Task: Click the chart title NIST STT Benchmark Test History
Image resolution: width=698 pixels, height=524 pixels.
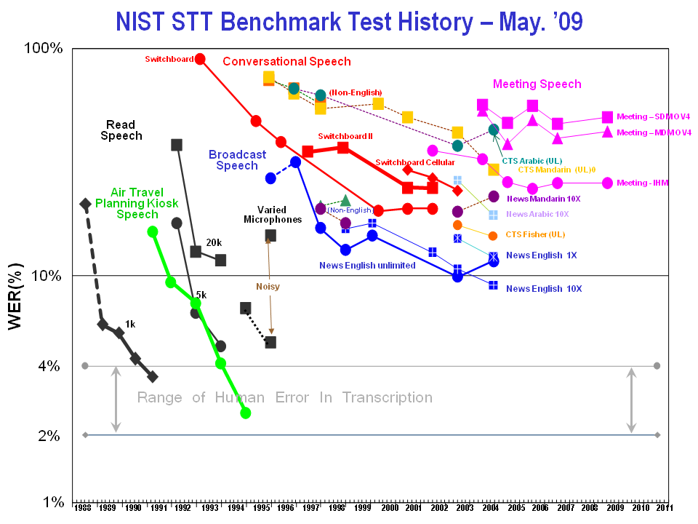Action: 350,21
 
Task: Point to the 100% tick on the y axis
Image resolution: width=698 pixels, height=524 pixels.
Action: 44,49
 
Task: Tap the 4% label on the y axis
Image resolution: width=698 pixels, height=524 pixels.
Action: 49,366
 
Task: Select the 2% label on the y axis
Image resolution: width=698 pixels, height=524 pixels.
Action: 49,435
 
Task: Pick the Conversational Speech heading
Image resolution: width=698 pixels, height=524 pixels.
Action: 286,62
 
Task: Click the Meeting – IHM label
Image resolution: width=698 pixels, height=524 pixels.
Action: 643,183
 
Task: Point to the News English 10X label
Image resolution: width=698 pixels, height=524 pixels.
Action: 544,289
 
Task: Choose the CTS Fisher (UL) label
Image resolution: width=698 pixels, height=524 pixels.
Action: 535,234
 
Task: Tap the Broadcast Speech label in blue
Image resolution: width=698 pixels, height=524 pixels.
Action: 237,160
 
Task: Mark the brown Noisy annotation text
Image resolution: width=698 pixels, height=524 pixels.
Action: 268,287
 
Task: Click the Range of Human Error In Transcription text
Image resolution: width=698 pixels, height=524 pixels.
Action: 284,397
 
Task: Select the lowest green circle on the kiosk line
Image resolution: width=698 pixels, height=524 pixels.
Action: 246,413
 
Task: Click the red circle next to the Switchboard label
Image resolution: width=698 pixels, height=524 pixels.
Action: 200,59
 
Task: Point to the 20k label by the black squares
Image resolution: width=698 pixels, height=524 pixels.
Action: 213,242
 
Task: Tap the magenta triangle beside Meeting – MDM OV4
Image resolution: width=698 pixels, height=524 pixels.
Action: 607,132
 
